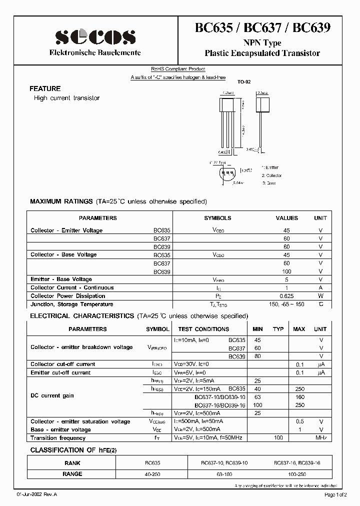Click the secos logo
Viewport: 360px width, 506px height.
(x=95, y=36)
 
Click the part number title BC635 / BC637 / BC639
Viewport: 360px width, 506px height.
(x=262, y=29)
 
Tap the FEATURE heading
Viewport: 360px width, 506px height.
(x=45, y=88)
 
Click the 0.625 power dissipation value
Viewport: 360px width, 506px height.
(x=286, y=296)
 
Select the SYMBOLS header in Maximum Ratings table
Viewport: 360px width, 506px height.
(x=217, y=218)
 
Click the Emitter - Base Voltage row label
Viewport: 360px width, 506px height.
(x=61, y=279)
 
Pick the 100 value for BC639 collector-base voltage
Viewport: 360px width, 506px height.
(x=286, y=271)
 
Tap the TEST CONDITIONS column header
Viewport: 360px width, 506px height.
(x=203, y=329)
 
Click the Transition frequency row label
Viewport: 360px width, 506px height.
(x=57, y=438)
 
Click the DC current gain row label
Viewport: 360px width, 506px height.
(x=52, y=396)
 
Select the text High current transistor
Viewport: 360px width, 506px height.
(x=66, y=98)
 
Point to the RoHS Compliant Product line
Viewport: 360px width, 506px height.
(x=178, y=69)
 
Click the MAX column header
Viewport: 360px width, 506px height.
(x=299, y=329)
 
